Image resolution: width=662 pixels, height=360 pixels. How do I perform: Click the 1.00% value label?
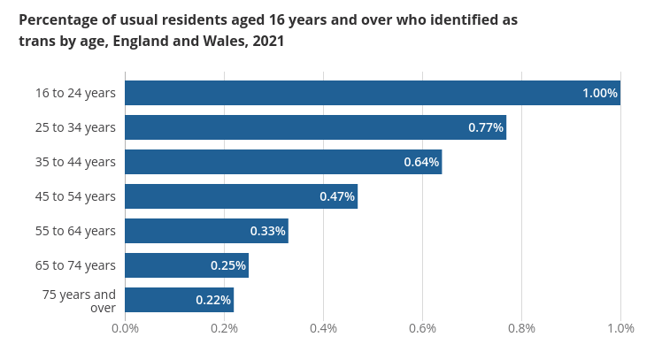tap(599, 93)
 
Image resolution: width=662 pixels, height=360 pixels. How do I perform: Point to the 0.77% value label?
tap(486, 127)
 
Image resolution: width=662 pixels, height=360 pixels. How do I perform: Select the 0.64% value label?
tap(421, 162)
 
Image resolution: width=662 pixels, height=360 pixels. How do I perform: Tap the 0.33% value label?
tap(267, 231)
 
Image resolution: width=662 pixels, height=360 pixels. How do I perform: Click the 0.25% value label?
tap(227, 265)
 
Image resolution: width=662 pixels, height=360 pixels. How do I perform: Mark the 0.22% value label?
tap(213, 300)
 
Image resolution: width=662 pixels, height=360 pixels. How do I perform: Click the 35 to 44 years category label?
tap(75, 162)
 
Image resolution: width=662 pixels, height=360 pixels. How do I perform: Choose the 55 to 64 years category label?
tap(75, 231)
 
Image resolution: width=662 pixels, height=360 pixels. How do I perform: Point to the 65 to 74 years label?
tap(75, 265)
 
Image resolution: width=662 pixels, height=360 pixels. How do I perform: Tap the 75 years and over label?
tap(80, 300)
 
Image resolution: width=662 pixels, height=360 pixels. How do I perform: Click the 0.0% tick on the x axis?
tap(125, 329)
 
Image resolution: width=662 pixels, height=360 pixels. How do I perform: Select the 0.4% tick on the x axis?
tap(323, 329)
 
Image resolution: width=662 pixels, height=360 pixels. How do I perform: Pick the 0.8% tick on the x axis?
tap(521, 329)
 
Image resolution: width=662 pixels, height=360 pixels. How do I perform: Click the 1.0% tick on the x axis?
tap(620, 329)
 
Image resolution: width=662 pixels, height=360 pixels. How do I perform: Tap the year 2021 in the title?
tap(266, 42)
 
